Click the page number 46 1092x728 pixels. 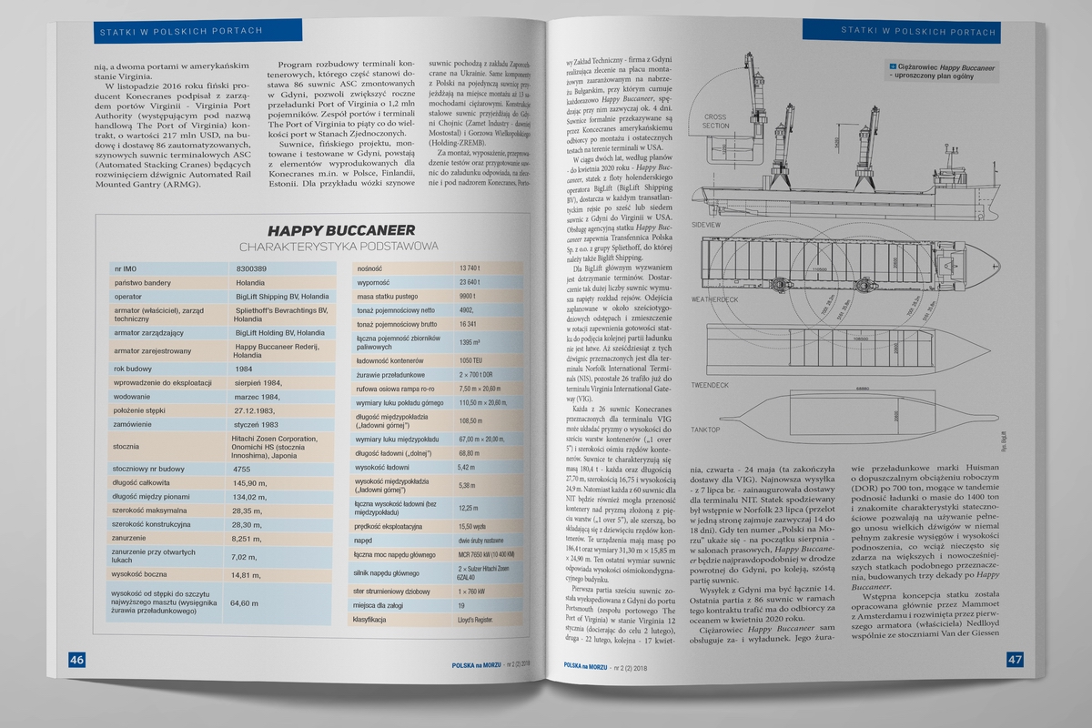77,659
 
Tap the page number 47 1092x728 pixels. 1016,659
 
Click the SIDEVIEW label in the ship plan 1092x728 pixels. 708,222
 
